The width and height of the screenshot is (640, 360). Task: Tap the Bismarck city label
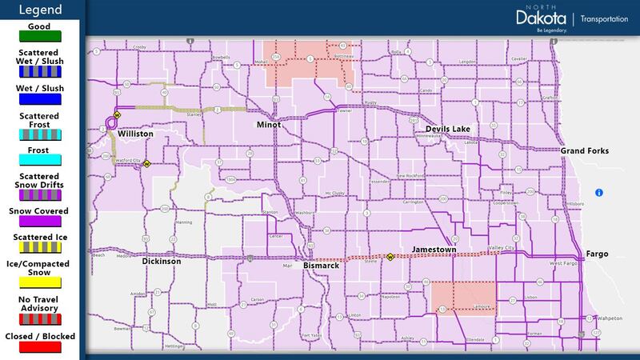coord(322,266)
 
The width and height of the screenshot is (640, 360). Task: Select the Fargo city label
coord(597,254)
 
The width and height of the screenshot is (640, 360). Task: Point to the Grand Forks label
coord(584,151)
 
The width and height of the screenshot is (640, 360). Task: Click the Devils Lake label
coord(447,129)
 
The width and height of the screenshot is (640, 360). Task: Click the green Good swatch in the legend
coord(38,35)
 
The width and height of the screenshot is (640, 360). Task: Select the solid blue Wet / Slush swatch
coord(38,99)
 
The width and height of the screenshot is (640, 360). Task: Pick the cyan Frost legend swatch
coord(38,162)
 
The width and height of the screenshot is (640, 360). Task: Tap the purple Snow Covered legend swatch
coord(38,222)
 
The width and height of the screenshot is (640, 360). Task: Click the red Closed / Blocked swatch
coord(38,346)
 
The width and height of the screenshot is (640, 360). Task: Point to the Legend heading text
coord(38,10)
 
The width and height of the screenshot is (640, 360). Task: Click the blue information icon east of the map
coord(598,192)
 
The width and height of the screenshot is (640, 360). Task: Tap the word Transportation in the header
coord(604,18)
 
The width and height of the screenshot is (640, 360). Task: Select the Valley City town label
coord(502,249)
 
